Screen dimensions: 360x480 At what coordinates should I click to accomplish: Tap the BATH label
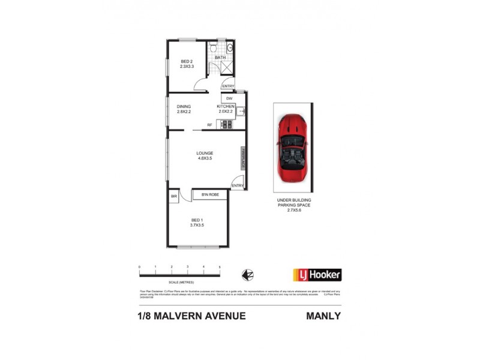220,58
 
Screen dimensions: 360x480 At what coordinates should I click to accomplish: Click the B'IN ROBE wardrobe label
210,195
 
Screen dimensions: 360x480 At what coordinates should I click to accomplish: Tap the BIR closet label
174,196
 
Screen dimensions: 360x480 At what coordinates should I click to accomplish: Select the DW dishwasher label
229,98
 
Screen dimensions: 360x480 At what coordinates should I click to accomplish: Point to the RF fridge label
209,125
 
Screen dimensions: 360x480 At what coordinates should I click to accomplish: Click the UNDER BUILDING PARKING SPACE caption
293,205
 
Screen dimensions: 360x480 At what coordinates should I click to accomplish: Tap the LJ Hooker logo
317,275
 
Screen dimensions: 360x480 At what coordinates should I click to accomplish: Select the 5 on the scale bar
220,266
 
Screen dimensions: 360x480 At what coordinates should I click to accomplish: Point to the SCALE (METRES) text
181,282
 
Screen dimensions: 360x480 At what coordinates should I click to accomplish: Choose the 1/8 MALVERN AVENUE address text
188,316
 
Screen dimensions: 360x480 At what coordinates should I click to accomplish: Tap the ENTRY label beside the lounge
238,185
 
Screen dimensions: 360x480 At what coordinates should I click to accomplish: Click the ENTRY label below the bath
228,86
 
